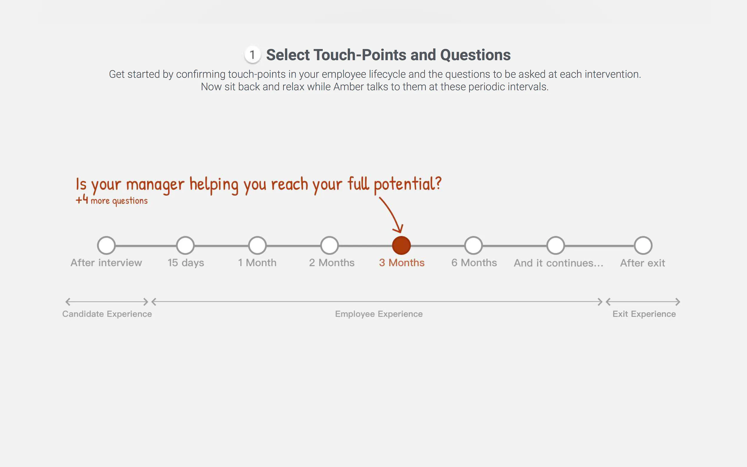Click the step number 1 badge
coord(252,55)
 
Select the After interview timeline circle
coord(106,246)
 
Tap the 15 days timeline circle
coord(185,246)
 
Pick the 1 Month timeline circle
coord(258,246)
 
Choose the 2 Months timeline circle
coord(329,246)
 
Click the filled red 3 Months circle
coord(401,246)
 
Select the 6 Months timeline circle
coord(473,246)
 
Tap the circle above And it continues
coord(556,246)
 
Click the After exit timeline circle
coord(643,246)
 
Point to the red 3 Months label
coord(402,263)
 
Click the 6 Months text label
coord(474,263)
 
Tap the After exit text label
coord(643,263)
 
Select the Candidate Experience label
coord(107,314)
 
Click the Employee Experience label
coord(379,314)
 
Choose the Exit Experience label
coord(644,314)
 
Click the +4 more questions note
coord(112,200)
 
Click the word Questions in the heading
coord(475,55)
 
